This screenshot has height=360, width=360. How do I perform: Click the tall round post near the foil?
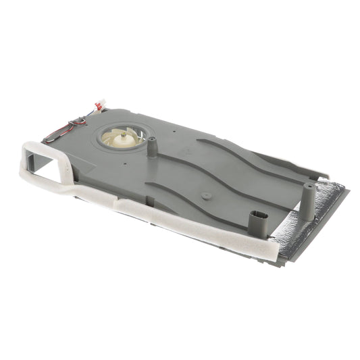(308, 202)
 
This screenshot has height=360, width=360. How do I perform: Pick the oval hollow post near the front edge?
(259, 222)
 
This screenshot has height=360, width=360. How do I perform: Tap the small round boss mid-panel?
(206, 196)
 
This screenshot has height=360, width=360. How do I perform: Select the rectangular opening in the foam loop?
(47, 164)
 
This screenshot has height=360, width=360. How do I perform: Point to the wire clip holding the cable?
(80, 122)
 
